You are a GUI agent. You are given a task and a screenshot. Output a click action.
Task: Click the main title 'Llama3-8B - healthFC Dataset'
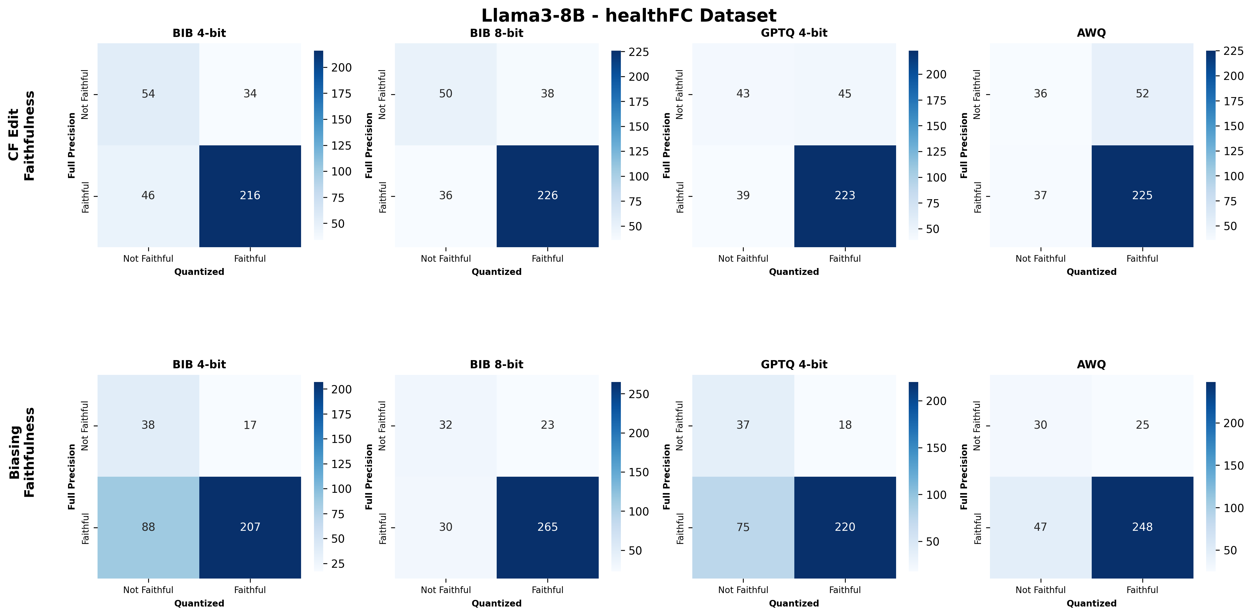point(629,16)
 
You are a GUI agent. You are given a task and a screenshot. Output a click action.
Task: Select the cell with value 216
point(250,195)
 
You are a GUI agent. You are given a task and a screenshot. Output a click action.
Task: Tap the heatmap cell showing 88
point(148,527)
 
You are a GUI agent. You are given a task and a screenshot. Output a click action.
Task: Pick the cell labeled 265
point(547,527)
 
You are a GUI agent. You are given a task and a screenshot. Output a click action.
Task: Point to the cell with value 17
point(250,425)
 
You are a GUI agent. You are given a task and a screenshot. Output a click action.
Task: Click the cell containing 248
point(1142,527)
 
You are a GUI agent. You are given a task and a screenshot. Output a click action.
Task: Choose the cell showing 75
point(743,527)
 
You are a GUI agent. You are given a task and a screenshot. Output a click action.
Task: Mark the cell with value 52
point(1142,94)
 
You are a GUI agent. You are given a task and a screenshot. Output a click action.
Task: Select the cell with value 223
point(845,195)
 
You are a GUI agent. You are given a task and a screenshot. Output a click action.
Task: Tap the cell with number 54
point(148,94)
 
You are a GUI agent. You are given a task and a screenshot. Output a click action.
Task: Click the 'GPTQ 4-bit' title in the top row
point(794,33)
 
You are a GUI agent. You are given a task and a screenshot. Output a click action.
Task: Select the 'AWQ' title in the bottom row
point(1091,364)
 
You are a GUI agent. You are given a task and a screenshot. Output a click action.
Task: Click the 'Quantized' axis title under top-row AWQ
point(1091,272)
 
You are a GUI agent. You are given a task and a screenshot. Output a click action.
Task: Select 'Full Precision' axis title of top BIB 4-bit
point(72,145)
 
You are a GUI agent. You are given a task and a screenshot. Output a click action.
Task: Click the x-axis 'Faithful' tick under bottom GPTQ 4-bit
point(845,590)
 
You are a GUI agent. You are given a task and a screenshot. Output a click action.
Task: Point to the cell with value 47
point(1040,527)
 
